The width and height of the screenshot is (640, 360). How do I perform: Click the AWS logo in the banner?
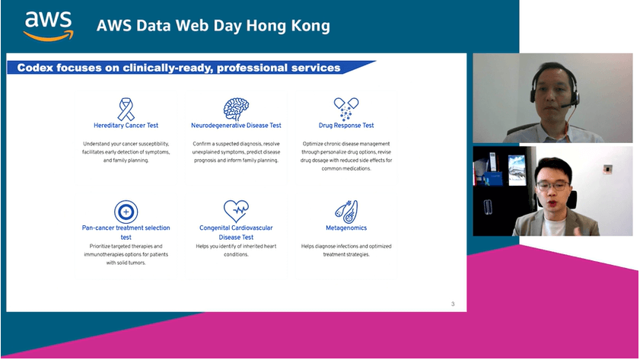49,26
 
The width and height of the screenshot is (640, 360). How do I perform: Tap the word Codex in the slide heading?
35,68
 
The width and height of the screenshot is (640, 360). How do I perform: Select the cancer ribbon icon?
126,109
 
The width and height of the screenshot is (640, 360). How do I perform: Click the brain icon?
236,109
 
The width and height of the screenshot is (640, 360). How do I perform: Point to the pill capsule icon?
346,109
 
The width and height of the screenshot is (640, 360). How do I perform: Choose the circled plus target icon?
126,212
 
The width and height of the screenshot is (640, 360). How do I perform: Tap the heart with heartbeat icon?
236,211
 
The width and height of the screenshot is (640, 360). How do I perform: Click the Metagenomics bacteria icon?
346,212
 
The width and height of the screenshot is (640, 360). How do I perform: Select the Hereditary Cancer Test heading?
126,126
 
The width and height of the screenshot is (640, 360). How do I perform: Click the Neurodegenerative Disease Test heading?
236,126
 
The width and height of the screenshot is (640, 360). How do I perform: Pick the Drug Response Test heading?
346,126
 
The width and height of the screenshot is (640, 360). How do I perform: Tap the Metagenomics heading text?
346,228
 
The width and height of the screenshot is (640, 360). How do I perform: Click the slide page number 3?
453,304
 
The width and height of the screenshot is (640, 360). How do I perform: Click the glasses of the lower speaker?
552,186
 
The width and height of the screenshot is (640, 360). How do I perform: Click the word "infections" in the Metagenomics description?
333,246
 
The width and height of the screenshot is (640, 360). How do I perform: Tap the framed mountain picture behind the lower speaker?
516,170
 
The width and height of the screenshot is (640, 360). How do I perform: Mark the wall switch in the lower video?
608,168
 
